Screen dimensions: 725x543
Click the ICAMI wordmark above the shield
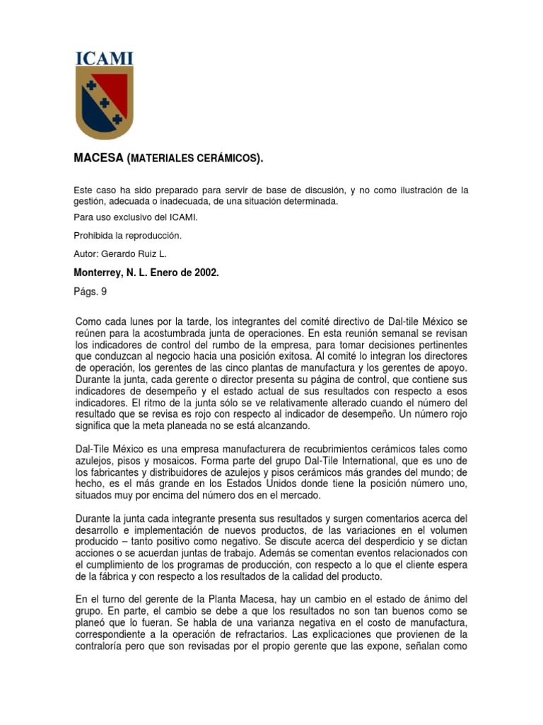(104, 58)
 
